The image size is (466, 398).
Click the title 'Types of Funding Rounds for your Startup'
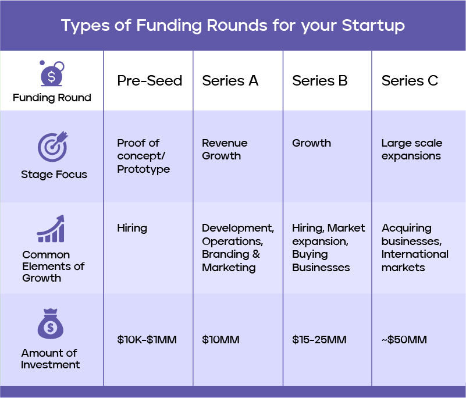pos(233,26)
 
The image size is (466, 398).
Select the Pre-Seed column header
pos(150,81)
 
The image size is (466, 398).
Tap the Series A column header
pos(230,81)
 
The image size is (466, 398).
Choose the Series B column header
pos(319,81)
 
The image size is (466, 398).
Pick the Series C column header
pos(410,81)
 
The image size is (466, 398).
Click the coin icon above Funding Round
pos(51,74)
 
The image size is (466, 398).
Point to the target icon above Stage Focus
pos(52,147)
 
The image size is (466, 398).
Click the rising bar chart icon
pos(51,229)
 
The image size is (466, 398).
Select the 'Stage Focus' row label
pos(54,175)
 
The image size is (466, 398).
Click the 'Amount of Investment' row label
pos(51,359)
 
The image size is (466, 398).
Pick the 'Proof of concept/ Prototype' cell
pos(143,156)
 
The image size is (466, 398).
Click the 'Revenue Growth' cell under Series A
pos(225,150)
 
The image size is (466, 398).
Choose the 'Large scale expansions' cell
pos(411,150)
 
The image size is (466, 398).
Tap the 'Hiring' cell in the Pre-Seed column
pos(132,228)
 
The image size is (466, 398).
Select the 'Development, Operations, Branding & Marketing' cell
pos(237,248)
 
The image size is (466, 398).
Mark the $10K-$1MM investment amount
pos(147,340)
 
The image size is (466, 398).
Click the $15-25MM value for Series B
pos(319,340)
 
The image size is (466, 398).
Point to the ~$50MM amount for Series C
pos(404,340)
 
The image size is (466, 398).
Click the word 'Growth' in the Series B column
pos(311,143)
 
